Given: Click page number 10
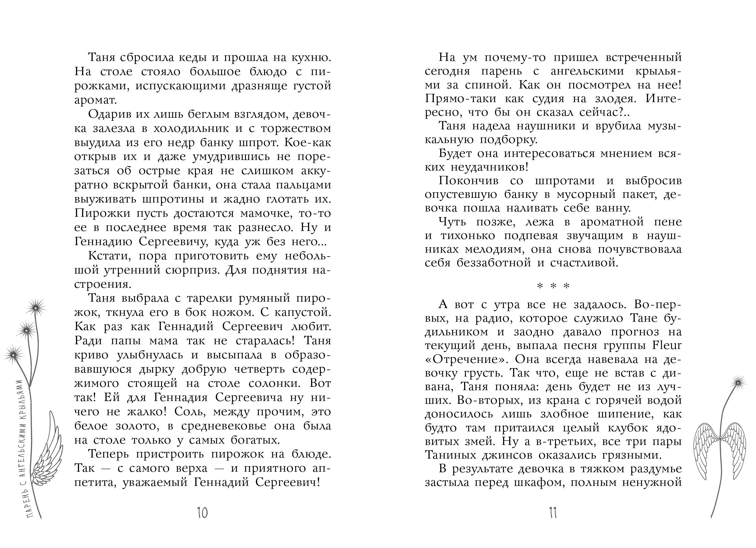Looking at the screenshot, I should click(202, 513).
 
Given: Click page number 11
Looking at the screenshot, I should click(553, 513).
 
